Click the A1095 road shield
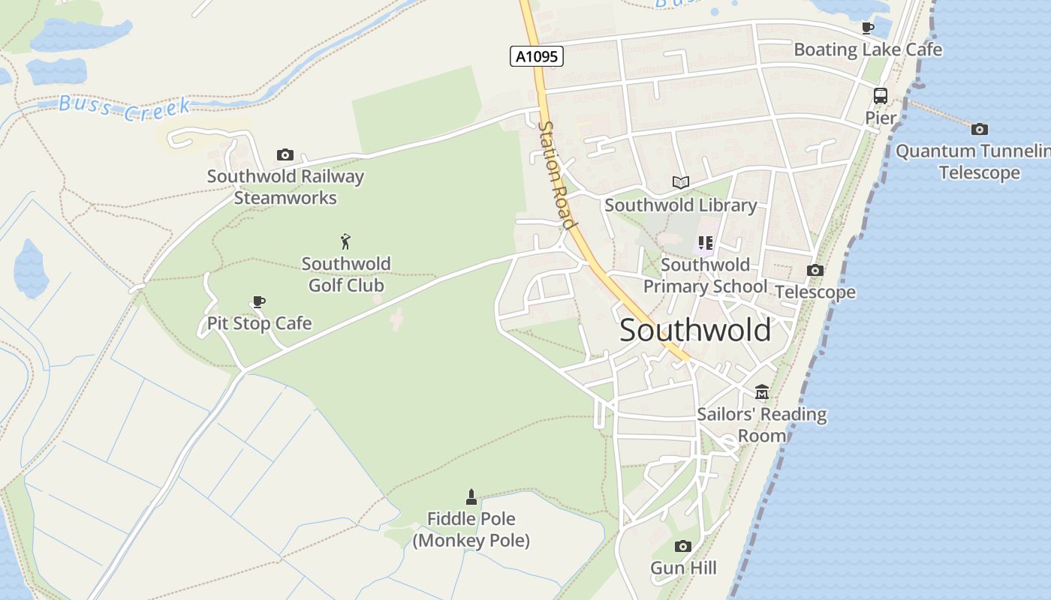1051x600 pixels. [537, 56]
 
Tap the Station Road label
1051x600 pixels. [558, 175]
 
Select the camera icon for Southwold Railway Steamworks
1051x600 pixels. [285, 155]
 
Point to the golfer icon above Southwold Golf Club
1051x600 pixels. [345, 241]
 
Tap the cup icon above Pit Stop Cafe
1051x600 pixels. [259, 302]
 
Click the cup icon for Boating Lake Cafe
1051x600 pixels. [868, 28]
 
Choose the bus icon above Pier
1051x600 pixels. [881, 96]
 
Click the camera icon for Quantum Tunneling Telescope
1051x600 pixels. [980, 130]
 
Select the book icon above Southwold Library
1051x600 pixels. [681, 182]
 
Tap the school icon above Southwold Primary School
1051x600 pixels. [705, 243]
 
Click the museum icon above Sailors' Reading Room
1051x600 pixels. [762, 392]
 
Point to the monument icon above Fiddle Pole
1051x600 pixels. [471, 496]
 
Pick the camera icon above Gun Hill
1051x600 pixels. [682, 546]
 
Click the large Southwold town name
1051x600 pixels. [695, 330]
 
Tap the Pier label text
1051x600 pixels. [881, 118]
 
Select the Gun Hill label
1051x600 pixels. [683, 568]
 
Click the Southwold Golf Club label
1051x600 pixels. [346, 274]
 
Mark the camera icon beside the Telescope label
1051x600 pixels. [815, 271]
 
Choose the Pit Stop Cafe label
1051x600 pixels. [259, 323]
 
